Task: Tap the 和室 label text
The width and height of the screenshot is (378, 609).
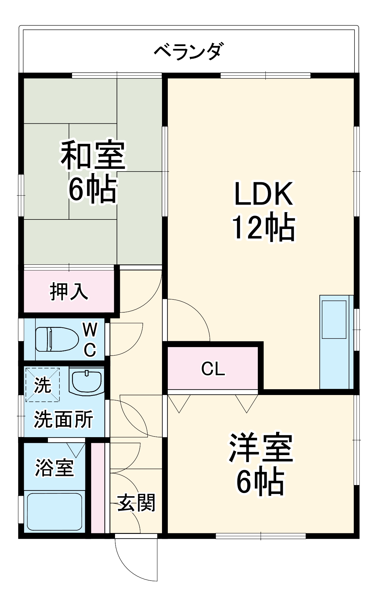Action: tap(93, 155)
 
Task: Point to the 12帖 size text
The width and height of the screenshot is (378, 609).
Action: tap(263, 228)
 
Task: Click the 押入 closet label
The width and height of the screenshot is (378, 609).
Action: tap(69, 291)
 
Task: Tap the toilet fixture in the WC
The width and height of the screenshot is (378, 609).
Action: tap(57, 339)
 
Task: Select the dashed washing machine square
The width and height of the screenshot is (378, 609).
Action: tap(42, 385)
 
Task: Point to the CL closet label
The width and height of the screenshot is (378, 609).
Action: tap(213, 369)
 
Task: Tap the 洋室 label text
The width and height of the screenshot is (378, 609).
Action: tap(261, 448)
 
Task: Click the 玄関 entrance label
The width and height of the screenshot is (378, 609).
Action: tap(136, 503)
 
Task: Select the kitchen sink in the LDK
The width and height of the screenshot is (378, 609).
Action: tap(334, 319)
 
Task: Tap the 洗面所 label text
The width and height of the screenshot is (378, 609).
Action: tap(63, 419)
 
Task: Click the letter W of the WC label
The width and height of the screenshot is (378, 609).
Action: tap(90, 330)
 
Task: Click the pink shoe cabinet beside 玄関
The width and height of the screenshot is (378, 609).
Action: tap(98, 488)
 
